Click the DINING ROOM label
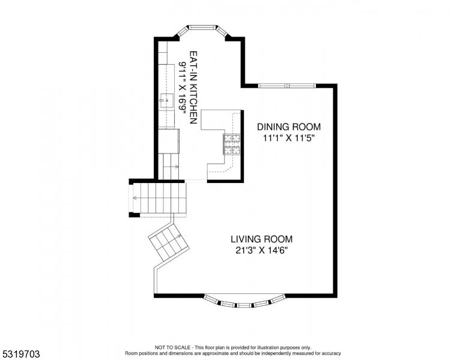point(289,127)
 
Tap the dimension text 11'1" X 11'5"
point(289,138)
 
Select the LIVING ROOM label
point(262,239)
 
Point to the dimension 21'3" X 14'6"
point(262,250)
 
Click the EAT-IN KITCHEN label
point(193,88)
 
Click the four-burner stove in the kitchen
point(232,145)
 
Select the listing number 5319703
point(21,354)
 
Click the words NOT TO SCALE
point(173,347)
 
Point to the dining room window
point(287,86)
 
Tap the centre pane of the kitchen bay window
point(204,28)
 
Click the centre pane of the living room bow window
point(245,305)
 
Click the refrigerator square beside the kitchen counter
point(169,141)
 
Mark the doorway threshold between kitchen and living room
point(196,181)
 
